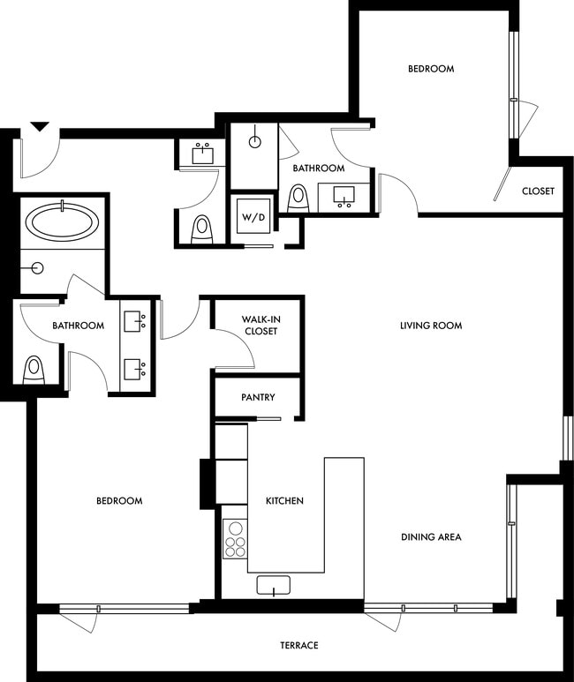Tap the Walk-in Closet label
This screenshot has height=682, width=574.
(260, 326)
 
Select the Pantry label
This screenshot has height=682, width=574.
(258, 398)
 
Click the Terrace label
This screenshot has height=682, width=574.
(299, 646)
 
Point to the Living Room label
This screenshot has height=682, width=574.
(431, 326)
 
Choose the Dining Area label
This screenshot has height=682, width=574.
(431, 536)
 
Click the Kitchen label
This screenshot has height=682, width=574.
(284, 501)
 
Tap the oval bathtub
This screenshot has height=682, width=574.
(62, 221)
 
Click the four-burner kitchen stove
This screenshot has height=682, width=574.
(235, 536)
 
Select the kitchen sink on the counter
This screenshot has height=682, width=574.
(273, 585)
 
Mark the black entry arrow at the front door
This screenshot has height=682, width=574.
(39, 127)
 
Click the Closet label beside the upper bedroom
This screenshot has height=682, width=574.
(538, 191)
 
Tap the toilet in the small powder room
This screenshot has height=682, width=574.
(203, 229)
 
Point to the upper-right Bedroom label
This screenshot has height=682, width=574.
(431, 69)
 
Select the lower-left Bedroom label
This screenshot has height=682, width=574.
(119, 501)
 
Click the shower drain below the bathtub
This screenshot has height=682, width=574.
(38, 267)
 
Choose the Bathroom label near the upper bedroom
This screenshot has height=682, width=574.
(319, 169)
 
